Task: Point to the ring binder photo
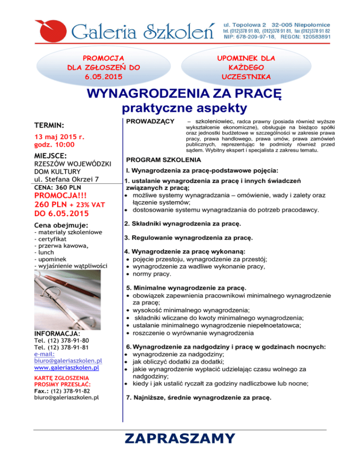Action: point(75,298)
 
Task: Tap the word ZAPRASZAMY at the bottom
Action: point(180,438)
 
